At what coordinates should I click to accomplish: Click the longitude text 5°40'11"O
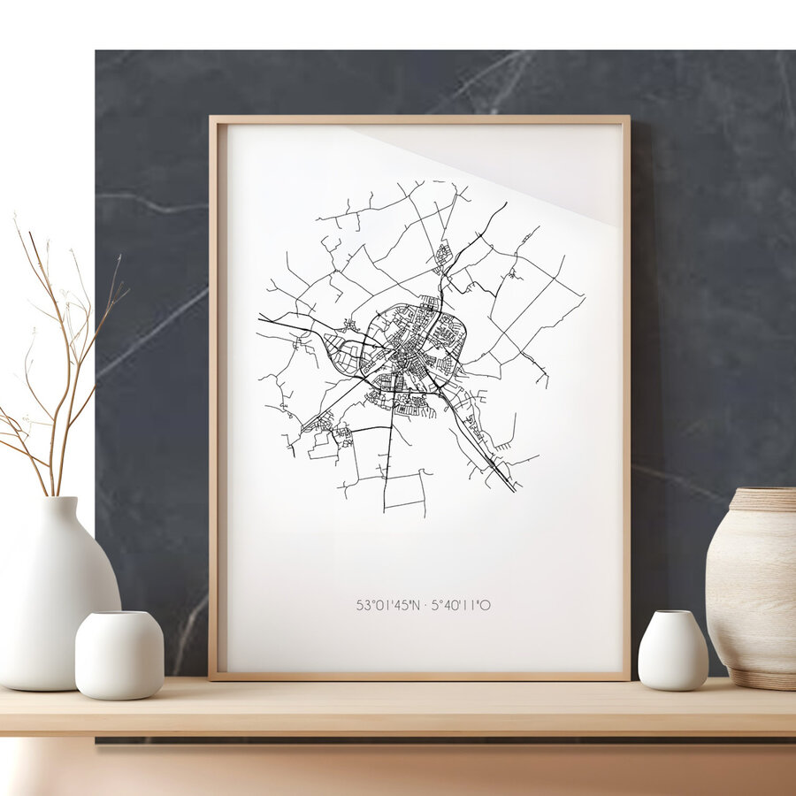[461, 606]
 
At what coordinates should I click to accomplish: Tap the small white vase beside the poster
[673, 652]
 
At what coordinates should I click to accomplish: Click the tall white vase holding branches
[55, 601]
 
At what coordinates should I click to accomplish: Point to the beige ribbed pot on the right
[752, 588]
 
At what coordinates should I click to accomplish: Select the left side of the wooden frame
[214, 398]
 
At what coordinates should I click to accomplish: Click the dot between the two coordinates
[424, 606]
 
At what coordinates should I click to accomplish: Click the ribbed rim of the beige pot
[762, 500]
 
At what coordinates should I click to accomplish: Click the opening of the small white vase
[673, 613]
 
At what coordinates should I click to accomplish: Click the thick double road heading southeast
[482, 447]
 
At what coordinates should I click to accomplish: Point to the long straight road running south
[386, 469]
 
